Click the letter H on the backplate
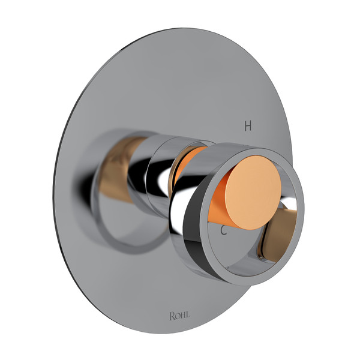coord(247,126)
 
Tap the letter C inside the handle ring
coord(223,230)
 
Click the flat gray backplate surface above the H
coord(240,84)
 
